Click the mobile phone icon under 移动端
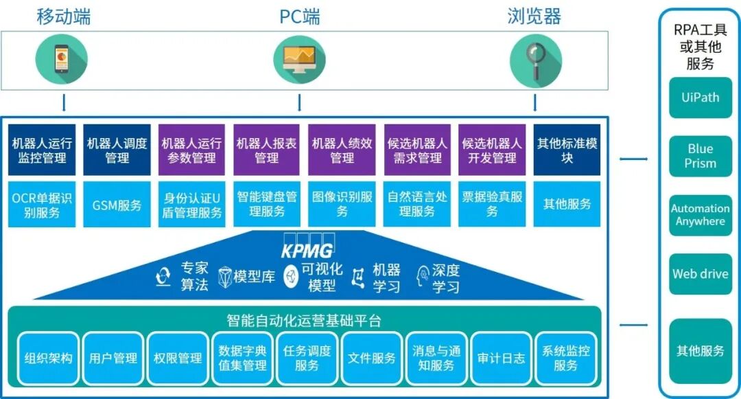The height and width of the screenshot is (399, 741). (62, 59)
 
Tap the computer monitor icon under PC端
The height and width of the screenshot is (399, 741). (299, 59)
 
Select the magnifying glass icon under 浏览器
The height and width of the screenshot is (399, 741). (535, 59)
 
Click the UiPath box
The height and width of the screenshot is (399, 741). (701, 98)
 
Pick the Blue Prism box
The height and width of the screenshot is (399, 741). (701, 156)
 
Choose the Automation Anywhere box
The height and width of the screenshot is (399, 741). (701, 215)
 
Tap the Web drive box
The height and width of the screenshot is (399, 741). (701, 274)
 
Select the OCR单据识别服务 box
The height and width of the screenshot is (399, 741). (43, 204)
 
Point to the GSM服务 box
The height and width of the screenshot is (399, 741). (117, 204)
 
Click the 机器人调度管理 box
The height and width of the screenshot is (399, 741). (117, 150)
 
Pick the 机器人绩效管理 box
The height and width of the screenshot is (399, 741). (342, 150)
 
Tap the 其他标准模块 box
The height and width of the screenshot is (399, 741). (567, 150)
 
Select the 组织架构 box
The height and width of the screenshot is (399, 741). (48, 358)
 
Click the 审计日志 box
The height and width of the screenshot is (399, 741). (502, 358)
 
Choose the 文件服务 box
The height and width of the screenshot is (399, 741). (372, 358)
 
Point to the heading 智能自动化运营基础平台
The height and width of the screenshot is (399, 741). (303, 320)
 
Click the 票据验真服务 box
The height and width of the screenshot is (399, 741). (492, 204)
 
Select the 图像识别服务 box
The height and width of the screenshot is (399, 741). (342, 204)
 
